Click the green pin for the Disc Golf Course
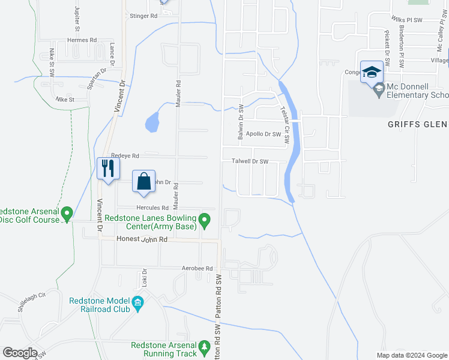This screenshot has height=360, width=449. pyautogui.click(x=67, y=212)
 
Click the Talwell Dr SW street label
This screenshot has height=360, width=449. pyautogui.click(x=250, y=161)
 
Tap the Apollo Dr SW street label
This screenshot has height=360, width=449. pyautogui.click(x=263, y=134)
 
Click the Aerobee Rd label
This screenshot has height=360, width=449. pyautogui.click(x=197, y=268)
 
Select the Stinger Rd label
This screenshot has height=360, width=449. pyautogui.click(x=143, y=16)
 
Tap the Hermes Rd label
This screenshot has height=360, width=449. pyautogui.click(x=82, y=40)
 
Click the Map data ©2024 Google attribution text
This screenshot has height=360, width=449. pyautogui.click(x=411, y=355)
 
